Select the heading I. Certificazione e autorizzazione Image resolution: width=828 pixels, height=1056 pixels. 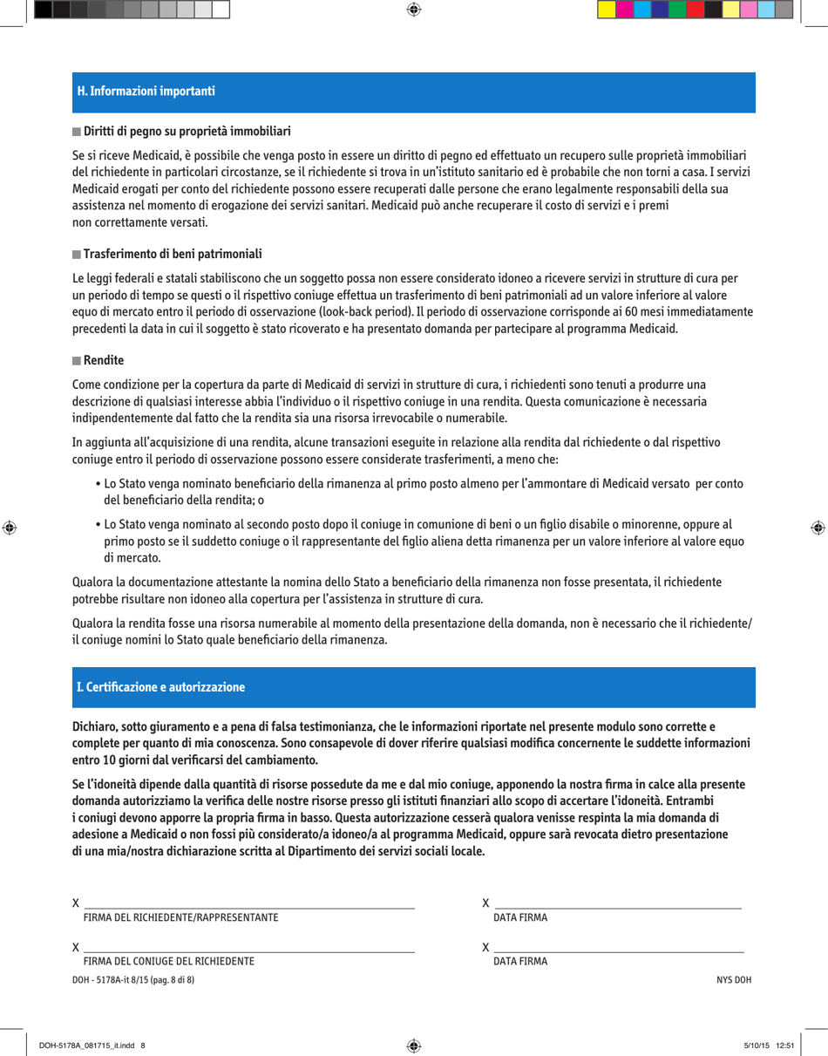click(x=160, y=688)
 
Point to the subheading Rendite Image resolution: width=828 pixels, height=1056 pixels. click(x=103, y=360)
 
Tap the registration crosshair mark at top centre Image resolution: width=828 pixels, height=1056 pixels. click(x=414, y=10)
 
